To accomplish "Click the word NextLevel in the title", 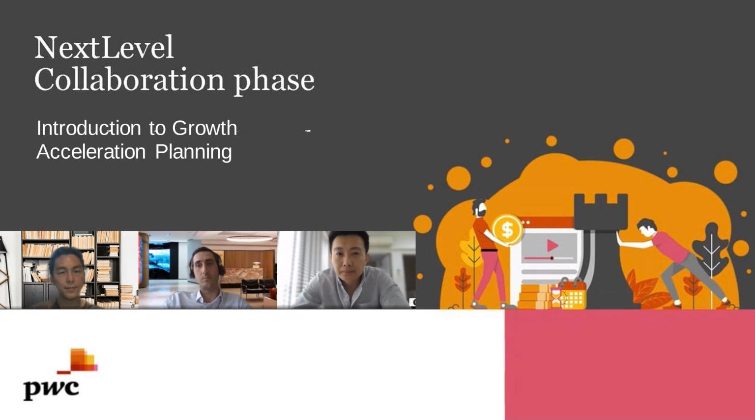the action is tap(104, 47).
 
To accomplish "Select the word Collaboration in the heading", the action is tap(129, 80).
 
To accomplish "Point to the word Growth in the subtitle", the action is tap(204, 128).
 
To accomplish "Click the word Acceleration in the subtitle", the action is tap(91, 152).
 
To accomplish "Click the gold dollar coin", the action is tap(507, 230).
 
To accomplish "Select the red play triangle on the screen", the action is tap(552, 246).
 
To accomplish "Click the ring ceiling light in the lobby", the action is tap(250, 238).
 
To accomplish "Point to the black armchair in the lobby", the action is tap(253, 287).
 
